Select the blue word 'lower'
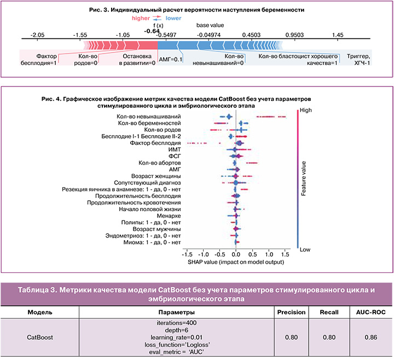(174, 18)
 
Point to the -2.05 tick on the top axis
(37, 34)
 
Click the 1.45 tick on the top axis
(337, 34)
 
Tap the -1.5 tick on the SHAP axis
(187, 254)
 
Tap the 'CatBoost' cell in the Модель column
(40, 338)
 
